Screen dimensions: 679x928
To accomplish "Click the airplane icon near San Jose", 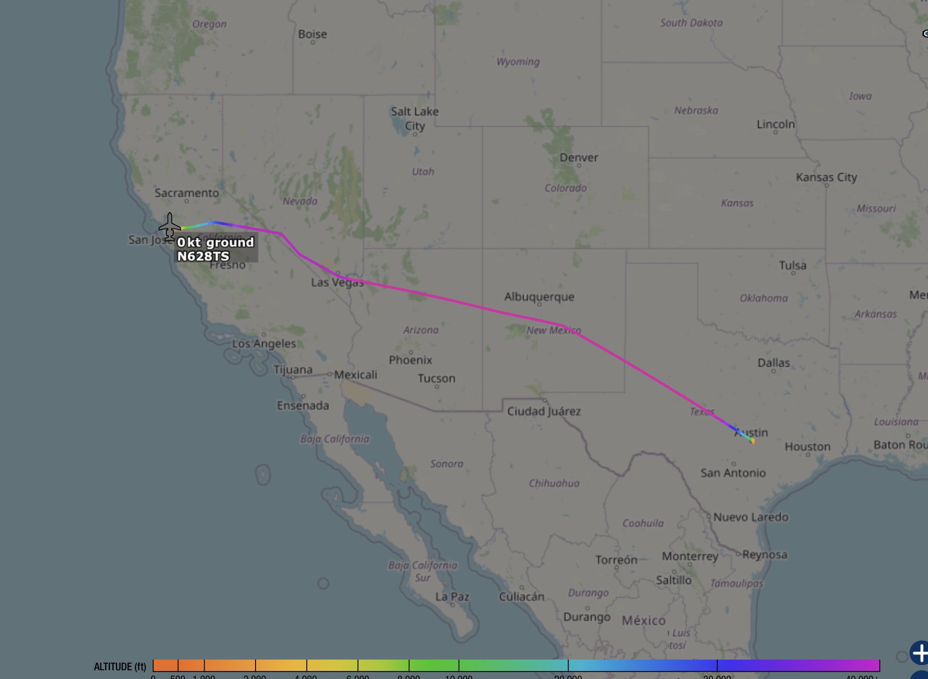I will point(170,227).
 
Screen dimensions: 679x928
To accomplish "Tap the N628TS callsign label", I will point(203,257).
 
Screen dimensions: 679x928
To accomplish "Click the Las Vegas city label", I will point(337,282).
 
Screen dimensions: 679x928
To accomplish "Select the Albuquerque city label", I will point(539,297).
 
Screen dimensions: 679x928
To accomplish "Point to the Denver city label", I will point(578,158).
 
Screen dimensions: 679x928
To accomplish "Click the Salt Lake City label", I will point(414,119).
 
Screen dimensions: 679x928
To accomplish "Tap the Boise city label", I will point(312,34).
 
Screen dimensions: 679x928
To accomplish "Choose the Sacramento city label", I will point(186,193).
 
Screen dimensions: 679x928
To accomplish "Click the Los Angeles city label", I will point(264,343).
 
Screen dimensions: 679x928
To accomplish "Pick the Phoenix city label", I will point(410,360).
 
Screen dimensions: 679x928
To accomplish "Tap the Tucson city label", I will point(436,378).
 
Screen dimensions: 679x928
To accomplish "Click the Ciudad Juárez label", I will point(543,411).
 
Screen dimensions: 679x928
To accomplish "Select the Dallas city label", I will point(773,363).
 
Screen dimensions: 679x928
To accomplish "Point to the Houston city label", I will point(807,446).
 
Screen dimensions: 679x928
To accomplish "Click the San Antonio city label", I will point(733,472).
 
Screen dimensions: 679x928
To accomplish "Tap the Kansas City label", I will point(826,177).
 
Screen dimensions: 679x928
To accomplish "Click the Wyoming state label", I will point(518,62).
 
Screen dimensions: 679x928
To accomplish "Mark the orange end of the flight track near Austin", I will point(753,441).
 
